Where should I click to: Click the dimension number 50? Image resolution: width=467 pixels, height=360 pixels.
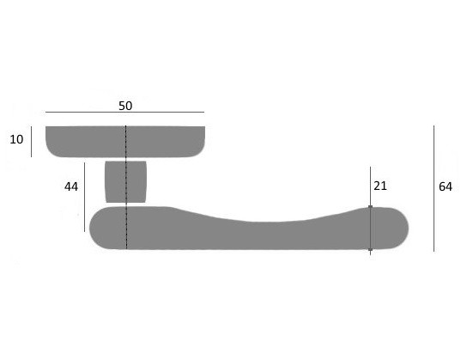[x=125, y=106]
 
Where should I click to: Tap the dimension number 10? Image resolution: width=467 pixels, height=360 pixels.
[x=16, y=139]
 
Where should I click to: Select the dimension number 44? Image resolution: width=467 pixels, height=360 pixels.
[x=71, y=186]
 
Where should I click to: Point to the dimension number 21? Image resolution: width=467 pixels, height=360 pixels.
[x=380, y=186]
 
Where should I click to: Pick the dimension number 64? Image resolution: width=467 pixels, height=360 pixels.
[x=446, y=186]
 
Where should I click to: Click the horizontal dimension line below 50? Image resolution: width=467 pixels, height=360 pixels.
[x=124, y=113]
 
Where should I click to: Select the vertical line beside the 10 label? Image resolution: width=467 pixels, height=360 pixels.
[x=31, y=142]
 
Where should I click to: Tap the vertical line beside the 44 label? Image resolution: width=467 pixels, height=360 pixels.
[x=85, y=197]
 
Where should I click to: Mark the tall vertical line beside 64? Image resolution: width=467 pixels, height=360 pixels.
[x=434, y=189]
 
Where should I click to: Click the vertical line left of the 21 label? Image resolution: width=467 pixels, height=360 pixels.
[x=371, y=211]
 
